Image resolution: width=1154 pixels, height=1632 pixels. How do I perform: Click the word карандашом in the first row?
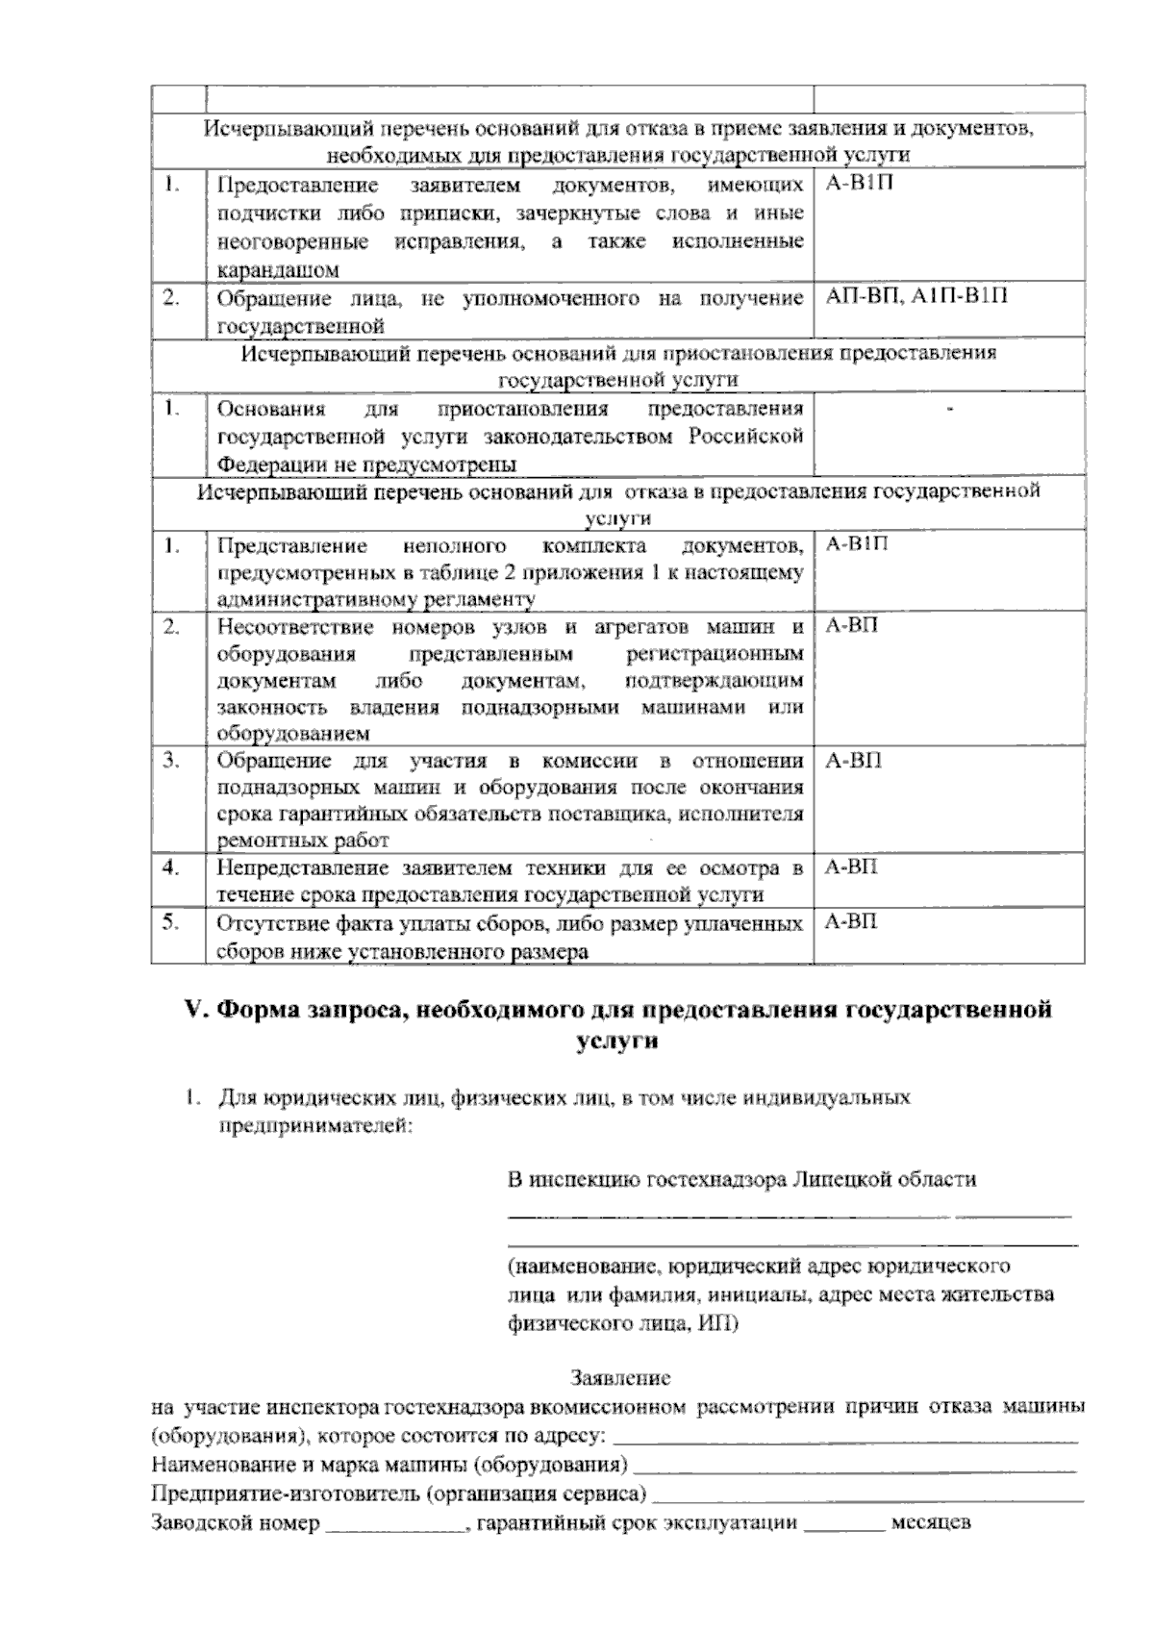click(278, 270)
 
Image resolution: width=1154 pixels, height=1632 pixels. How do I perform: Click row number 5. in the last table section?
click(171, 922)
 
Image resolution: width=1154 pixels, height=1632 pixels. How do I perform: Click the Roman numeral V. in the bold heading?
click(196, 1010)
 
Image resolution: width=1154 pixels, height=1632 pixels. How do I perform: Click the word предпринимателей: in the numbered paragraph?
click(314, 1124)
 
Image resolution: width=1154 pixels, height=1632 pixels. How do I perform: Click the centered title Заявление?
click(620, 1377)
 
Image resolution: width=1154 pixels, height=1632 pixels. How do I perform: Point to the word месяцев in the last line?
click(931, 1523)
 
